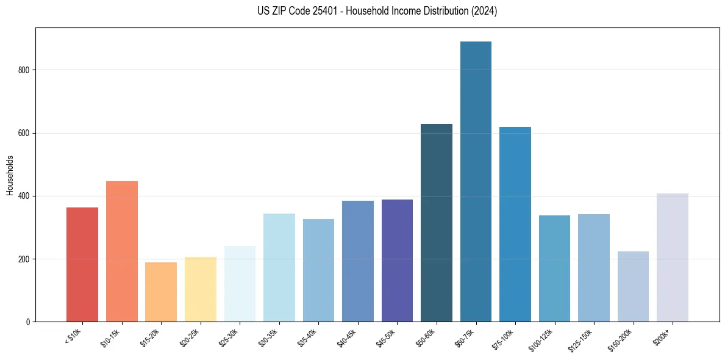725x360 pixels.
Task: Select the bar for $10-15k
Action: pyautogui.click(x=121, y=251)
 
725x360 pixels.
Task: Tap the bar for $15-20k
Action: pyautogui.click(x=161, y=292)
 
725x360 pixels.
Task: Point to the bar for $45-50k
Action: pyautogui.click(x=397, y=261)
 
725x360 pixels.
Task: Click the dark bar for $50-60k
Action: pyautogui.click(x=437, y=223)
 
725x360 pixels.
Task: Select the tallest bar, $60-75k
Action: pyautogui.click(x=476, y=181)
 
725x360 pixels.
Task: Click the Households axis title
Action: pyautogui.click(x=10, y=175)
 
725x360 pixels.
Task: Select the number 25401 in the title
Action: pyautogui.click(x=328, y=11)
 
